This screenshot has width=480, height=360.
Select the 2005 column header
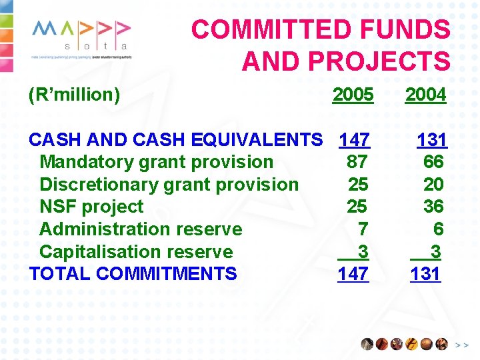coord(353,95)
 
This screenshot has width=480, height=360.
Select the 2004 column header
coord(425,95)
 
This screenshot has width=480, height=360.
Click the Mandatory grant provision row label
coord(156,162)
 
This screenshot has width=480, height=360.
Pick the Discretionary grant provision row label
coord(169,185)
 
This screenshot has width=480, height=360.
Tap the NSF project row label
coord(91,207)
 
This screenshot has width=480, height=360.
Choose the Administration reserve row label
coord(141,229)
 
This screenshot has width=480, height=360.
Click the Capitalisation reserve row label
coord(136,252)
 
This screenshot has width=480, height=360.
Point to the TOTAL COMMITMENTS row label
coord(133,274)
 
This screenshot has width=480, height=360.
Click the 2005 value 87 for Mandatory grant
coord(357,162)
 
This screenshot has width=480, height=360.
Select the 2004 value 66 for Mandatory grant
coord(433,162)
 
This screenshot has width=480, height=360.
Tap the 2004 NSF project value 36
coord(433,207)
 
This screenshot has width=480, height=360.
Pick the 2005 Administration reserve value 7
coord(363,229)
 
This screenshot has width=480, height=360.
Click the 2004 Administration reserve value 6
coord(438,229)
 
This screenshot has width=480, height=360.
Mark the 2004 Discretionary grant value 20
coord(433,185)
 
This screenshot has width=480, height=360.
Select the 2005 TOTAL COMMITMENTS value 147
coord(353,274)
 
